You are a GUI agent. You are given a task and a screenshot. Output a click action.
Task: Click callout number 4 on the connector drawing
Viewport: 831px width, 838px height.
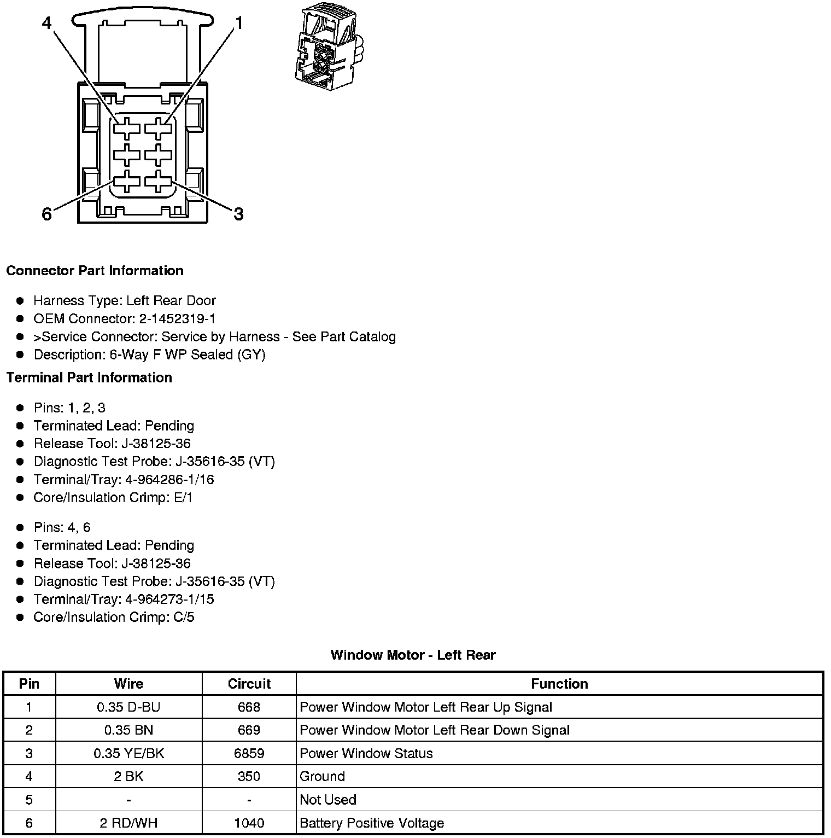[x=47, y=24]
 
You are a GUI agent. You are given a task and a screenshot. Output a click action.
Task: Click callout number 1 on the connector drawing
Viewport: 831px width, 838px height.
[x=238, y=23]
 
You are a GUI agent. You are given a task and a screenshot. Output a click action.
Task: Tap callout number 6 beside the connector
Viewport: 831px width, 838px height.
[x=47, y=214]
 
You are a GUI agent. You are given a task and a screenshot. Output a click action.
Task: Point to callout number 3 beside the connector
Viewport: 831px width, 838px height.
[x=238, y=214]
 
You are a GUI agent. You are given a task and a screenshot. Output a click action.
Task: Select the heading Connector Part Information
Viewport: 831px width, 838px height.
[x=95, y=271]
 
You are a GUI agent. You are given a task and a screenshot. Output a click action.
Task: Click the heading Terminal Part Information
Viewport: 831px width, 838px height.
[x=89, y=377]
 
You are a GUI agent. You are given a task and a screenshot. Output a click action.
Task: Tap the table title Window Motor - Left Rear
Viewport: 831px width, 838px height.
[x=413, y=655]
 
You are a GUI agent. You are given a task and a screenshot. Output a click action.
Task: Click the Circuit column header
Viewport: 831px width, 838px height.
[x=249, y=684]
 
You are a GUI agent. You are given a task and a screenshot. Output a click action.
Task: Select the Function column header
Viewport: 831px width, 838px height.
[x=559, y=684]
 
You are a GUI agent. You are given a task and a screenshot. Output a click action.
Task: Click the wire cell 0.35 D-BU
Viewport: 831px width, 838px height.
[x=128, y=707]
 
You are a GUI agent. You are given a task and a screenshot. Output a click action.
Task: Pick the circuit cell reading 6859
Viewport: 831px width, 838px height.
[x=249, y=753]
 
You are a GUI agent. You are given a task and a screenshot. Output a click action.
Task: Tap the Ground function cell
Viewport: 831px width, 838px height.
[x=323, y=777]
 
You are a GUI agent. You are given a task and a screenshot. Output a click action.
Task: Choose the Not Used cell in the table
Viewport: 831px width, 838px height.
[x=328, y=800]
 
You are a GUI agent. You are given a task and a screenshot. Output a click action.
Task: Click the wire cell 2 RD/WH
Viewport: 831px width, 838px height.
[x=128, y=823]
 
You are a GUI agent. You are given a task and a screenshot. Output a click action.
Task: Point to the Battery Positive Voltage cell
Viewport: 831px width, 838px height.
[x=372, y=823]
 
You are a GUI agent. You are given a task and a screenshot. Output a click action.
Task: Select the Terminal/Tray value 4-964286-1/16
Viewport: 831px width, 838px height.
[x=169, y=480]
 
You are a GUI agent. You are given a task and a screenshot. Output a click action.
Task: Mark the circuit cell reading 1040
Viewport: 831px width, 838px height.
[x=249, y=823]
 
